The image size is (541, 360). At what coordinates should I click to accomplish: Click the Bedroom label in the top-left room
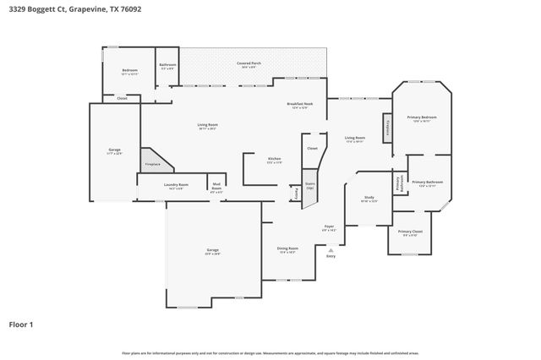coord(129,71)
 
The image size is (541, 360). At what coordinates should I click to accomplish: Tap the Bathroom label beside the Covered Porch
coord(167,65)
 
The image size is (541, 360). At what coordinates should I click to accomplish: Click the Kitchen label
coord(275,160)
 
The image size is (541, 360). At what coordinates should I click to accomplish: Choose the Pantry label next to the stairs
coord(297,194)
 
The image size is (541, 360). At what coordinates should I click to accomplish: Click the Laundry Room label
coord(176,185)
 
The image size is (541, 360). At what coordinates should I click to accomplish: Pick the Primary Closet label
coord(410,232)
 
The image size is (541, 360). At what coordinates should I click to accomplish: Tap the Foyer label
coord(330,227)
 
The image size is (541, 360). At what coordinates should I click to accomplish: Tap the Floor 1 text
coord(21,323)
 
